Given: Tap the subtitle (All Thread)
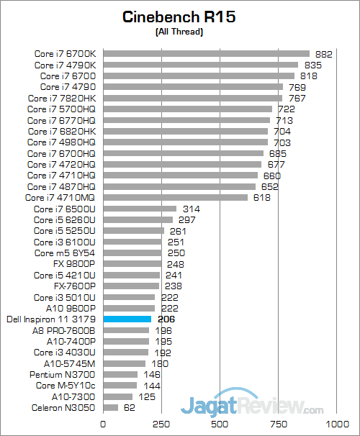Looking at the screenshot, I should click(x=179, y=32).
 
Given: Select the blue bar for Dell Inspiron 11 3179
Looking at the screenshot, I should click(x=127, y=318).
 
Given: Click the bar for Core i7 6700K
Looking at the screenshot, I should click(x=206, y=53).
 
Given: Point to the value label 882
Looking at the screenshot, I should click(x=324, y=53).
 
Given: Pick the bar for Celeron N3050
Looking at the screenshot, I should click(x=111, y=408).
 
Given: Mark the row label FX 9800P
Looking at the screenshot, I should click(x=74, y=264).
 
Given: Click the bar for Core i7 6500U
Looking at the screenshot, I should click(x=140, y=209).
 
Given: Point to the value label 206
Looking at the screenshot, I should click(x=166, y=318).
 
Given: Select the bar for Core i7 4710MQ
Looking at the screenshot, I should click(x=176, y=197).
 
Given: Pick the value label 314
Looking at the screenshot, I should click(x=192, y=209).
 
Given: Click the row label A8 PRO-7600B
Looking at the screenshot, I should click(x=63, y=330).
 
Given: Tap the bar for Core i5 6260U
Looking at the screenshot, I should click(x=138, y=219).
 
